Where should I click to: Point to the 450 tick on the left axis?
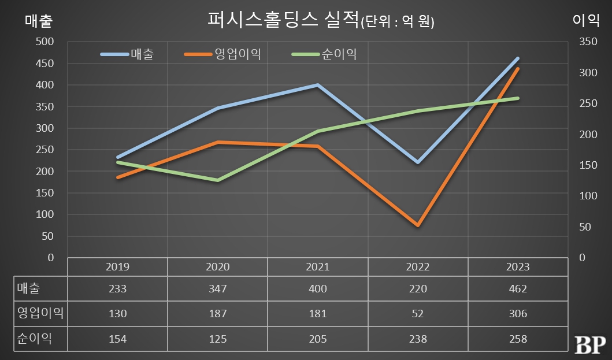pos(44,64)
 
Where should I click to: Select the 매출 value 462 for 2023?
pos(517,289)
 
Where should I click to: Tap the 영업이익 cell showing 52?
pos(417,314)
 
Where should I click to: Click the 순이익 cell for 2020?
pos(217,339)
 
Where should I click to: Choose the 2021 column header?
pos(317,267)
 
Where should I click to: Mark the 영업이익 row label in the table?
pos(40,314)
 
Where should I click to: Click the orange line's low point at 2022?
pos(417,225)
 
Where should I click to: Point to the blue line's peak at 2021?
pos(317,85)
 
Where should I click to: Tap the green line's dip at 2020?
pos(217,180)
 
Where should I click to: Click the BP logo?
pos(589,344)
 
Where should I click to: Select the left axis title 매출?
pos(39,21)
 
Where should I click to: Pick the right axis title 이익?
pos(585,21)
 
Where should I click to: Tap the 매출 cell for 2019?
pos(117,289)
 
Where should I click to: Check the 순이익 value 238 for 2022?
pos(417,339)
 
